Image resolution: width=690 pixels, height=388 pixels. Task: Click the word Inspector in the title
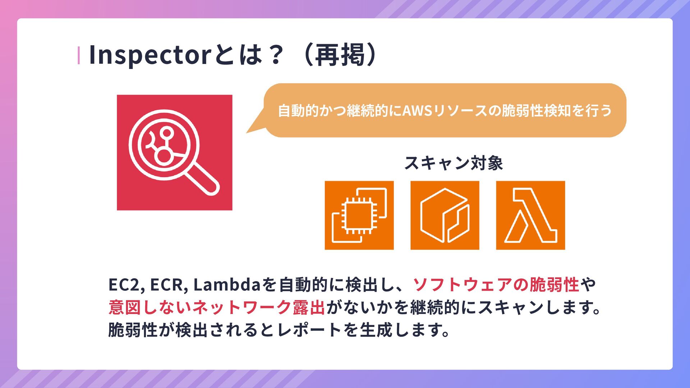tap(149, 55)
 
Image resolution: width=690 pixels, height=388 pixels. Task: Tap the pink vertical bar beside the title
tap(79, 56)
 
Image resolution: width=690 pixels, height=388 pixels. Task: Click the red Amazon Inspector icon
tap(174, 152)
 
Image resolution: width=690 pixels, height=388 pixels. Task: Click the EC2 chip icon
tap(359, 215)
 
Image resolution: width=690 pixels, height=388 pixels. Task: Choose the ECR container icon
tap(445, 215)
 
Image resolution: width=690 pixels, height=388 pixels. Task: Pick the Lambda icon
tap(530, 215)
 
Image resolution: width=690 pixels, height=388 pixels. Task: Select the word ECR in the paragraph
tap(167, 285)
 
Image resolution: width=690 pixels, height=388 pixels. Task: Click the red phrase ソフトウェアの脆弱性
tap(496, 285)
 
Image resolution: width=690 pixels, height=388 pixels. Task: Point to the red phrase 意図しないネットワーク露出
tap(217, 308)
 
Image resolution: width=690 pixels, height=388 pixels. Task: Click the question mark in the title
tap(276, 55)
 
